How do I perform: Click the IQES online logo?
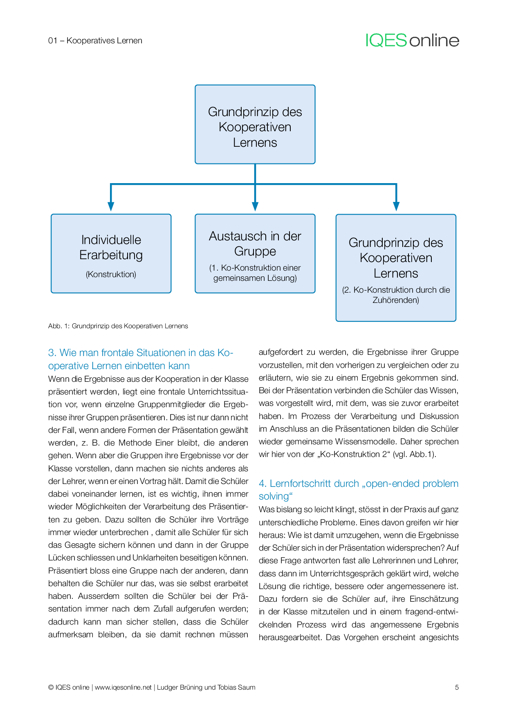[412, 40]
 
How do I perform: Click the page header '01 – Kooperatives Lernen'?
[95, 40]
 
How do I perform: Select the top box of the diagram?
[255, 124]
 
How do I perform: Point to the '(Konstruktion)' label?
[111, 274]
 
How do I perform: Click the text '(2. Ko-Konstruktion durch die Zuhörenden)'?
[396, 295]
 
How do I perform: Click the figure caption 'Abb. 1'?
[118, 326]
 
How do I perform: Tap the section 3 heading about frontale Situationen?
[140, 359]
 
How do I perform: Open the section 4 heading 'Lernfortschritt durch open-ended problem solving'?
[358, 489]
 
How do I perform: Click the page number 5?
[457, 687]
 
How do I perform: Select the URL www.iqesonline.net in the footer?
[123, 687]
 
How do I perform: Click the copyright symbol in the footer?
[51, 687]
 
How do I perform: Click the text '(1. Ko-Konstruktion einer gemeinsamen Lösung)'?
[255, 273]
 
